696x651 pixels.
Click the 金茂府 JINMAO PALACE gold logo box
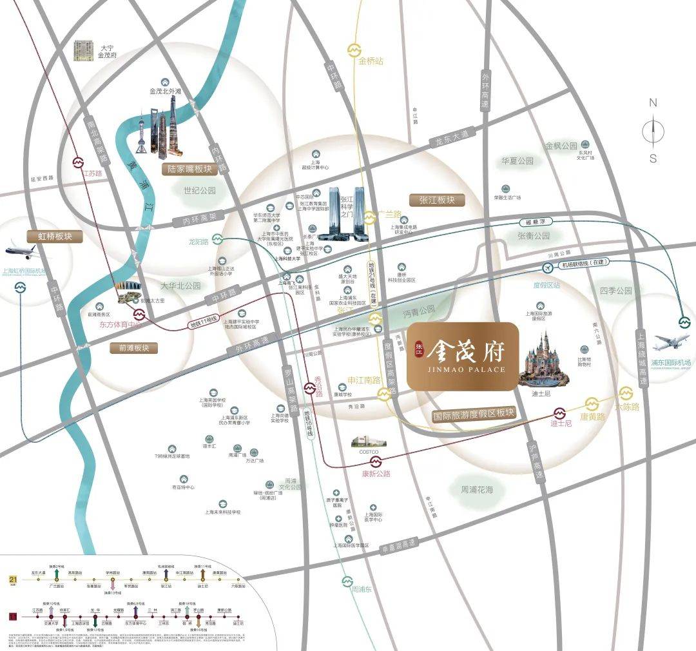(x=462, y=356)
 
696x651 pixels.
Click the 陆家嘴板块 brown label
(x=186, y=169)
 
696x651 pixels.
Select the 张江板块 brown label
(x=437, y=200)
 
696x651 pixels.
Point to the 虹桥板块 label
(x=55, y=237)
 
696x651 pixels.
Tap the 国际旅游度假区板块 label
(x=474, y=414)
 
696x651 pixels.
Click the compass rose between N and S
(x=653, y=130)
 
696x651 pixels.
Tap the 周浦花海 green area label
(x=476, y=491)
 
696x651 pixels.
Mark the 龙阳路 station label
(x=199, y=242)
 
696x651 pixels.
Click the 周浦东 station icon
(x=349, y=580)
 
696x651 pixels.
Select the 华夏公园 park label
(x=517, y=160)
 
